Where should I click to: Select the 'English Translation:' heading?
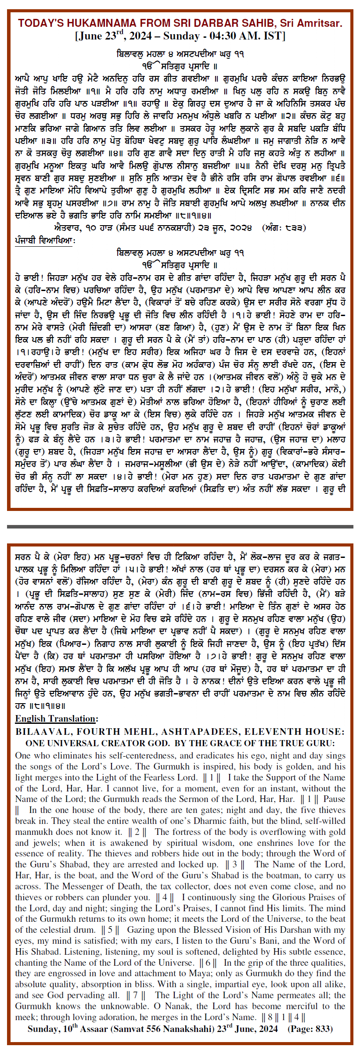pyautogui.click(x=57, y=719)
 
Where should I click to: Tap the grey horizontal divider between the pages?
pyautogui.click(x=180, y=526)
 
